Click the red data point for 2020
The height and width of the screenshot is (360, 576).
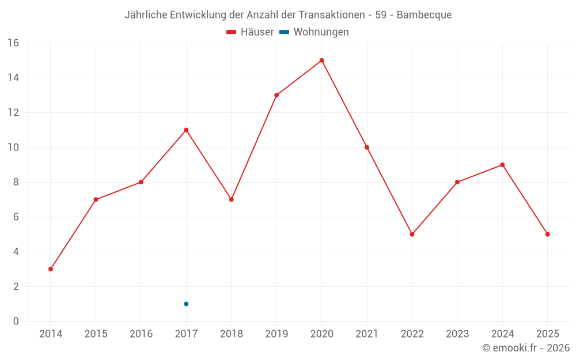[x=321, y=60]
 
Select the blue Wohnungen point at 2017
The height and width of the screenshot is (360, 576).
[x=186, y=304]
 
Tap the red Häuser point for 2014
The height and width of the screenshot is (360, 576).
[x=51, y=269]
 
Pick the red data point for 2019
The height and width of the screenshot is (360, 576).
[x=276, y=95]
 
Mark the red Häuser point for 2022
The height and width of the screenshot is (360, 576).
[x=412, y=234]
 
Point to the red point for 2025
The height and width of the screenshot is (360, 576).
[x=547, y=234]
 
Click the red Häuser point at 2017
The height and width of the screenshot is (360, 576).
[x=186, y=130]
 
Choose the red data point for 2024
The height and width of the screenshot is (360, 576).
[x=502, y=165]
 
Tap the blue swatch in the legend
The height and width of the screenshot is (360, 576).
[x=284, y=32]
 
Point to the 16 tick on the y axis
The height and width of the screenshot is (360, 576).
[x=13, y=43]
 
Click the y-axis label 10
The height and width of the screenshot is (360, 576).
[x=13, y=147]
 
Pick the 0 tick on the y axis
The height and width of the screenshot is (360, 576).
[x=16, y=321]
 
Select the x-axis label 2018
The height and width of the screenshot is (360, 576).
[x=231, y=334]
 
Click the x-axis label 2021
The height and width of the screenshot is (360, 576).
[x=366, y=334]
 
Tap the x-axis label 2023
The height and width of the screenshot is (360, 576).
[x=457, y=334]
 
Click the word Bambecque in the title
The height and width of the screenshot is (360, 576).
[x=424, y=14]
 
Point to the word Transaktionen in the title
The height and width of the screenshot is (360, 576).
[x=328, y=14]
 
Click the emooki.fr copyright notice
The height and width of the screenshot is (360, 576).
[x=525, y=348]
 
